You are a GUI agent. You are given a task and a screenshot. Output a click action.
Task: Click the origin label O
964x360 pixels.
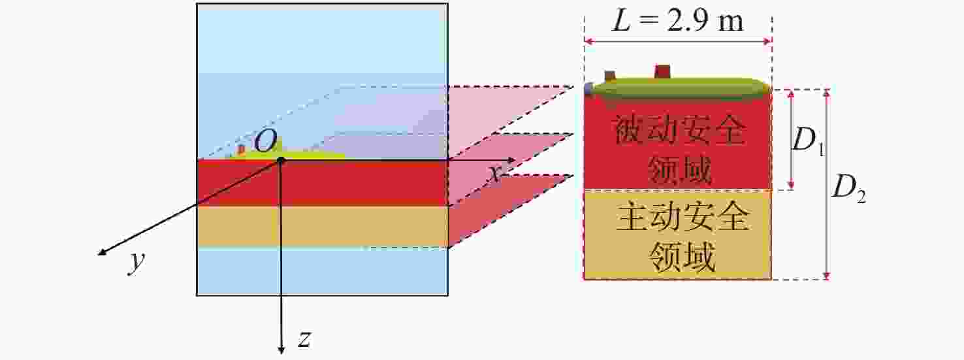pos(266,141)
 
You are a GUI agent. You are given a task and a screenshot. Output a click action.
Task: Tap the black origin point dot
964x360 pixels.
pos(281,160)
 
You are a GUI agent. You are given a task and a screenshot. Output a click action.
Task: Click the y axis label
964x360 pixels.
pos(137,261)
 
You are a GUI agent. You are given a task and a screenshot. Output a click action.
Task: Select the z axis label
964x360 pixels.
pos(304,339)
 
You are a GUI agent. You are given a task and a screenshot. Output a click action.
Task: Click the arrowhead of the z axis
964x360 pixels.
pos(281,349)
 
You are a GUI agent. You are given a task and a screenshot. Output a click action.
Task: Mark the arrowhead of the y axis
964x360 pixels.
pos(103,252)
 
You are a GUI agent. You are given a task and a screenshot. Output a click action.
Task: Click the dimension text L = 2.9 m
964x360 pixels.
pos(677,21)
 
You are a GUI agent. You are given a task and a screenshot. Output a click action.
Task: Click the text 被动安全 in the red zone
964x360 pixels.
pos(679,129)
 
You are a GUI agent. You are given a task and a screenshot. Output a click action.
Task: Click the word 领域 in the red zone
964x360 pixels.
pos(679,169)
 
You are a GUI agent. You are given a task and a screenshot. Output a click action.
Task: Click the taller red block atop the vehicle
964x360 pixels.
pos(662,71)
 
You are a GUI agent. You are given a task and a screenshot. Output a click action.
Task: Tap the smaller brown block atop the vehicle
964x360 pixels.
pos(610,76)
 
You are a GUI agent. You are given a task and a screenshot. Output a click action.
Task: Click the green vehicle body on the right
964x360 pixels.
pos(679,87)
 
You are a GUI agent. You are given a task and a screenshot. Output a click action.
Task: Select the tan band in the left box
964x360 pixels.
pos(323,227)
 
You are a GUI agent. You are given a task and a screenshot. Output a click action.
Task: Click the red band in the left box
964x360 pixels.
pos(323,184)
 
